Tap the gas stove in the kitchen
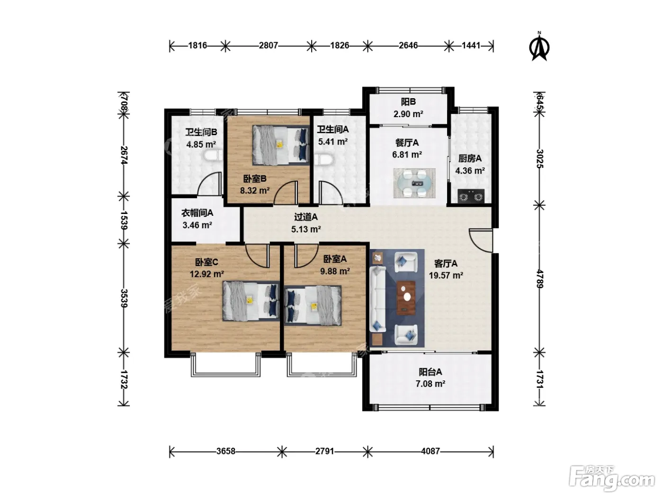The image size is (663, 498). click(x=471, y=197)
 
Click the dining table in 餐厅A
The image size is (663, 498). click(x=414, y=183)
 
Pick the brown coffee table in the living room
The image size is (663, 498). click(x=406, y=298)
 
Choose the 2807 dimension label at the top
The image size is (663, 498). click(x=268, y=46)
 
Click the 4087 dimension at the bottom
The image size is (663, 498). click(x=430, y=451)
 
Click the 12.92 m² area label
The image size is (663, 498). click(x=206, y=274)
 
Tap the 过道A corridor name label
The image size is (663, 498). click(x=305, y=217)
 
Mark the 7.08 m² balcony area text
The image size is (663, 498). click(x=430, y=384)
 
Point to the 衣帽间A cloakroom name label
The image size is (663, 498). click(x=197, y=213)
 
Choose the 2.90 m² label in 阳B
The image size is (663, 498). click(x=408, y=114)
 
